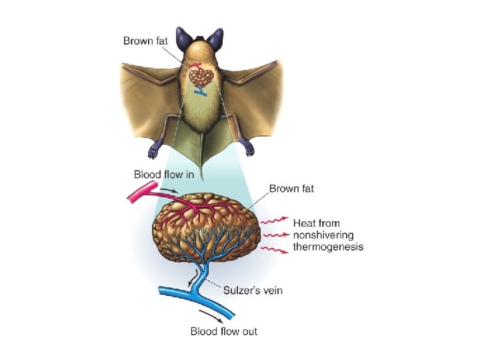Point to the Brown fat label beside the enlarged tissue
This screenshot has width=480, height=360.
pos(291,189)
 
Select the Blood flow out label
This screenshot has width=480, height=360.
pos(224,331)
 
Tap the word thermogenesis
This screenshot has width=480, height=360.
pos(329,247)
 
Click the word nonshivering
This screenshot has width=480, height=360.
pos(324,235)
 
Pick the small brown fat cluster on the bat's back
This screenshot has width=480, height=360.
pos(201,77)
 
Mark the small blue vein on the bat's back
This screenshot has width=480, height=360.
pos(200,93)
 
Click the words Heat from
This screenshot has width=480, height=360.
pos(317,223)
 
